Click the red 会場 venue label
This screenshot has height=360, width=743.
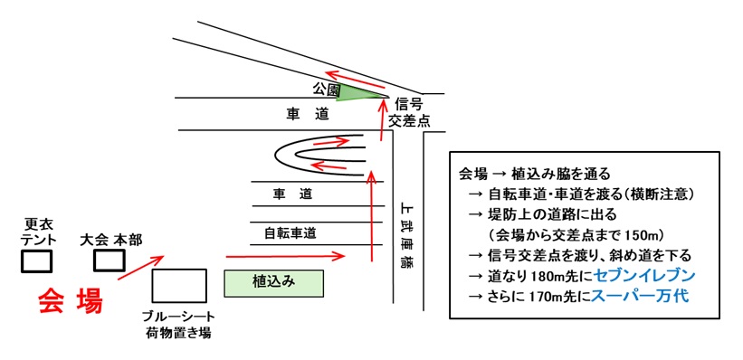(x=71, y=302)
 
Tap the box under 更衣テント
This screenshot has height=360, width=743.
(x=36, y=261)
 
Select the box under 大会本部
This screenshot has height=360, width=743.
(x=110, y=260)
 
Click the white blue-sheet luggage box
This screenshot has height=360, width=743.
(x=179, y=285)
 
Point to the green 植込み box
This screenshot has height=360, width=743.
(x=274, y=281)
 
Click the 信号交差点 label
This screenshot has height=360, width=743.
(x=408, y=111)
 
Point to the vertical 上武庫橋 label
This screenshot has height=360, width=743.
(x=406, y=234)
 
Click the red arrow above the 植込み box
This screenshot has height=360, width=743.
(x=286, y=257)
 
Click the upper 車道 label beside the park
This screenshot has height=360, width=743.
(x=308, y=114)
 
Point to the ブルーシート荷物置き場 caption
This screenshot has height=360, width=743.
(x=179, y=323)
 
